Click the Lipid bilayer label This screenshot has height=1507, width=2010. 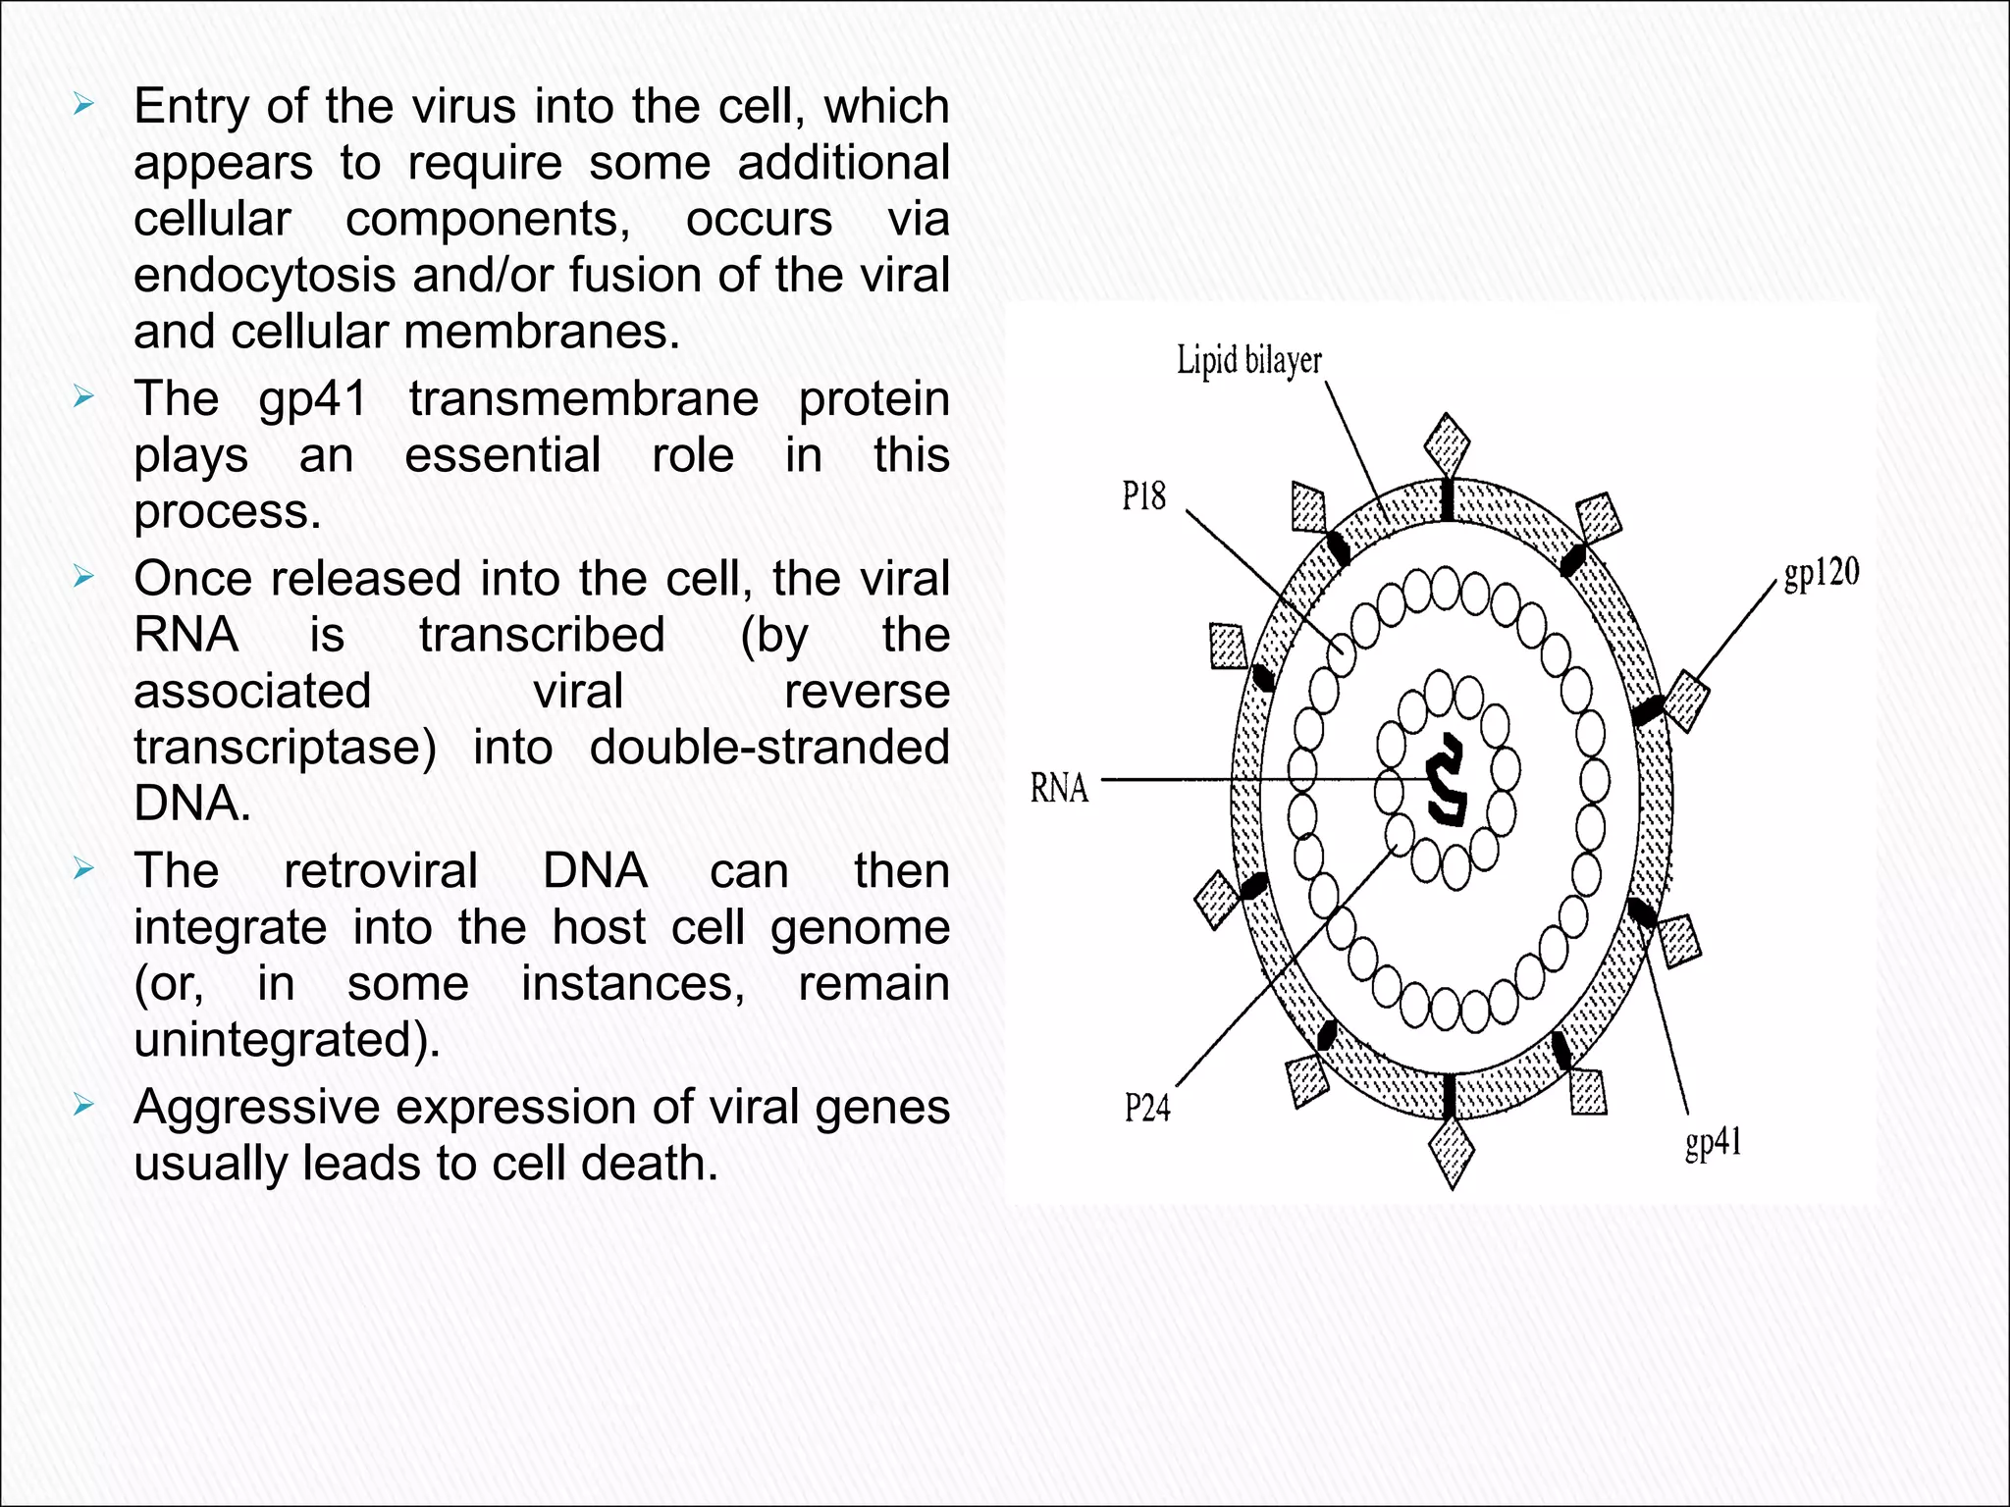(x=1248, y=361)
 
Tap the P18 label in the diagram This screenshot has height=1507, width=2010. (x=1143, y=496)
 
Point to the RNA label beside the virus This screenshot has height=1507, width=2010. (x=1059, y=788)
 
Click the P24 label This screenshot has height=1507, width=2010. (x=1146, y=1108)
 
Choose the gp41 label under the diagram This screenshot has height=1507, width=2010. (x=1713, y=1143)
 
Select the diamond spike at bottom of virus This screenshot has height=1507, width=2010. (x=1452, y=1153)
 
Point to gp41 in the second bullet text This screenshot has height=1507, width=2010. (x=312, y=399)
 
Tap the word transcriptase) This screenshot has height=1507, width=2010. (x=286, y=748)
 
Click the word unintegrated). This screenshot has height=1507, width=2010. (x=287, y=1040)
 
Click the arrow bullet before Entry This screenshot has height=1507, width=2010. (x=83, y=105)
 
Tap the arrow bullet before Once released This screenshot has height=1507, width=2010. (x=83, y=577)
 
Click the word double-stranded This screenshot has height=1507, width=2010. (x=768, y=748)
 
